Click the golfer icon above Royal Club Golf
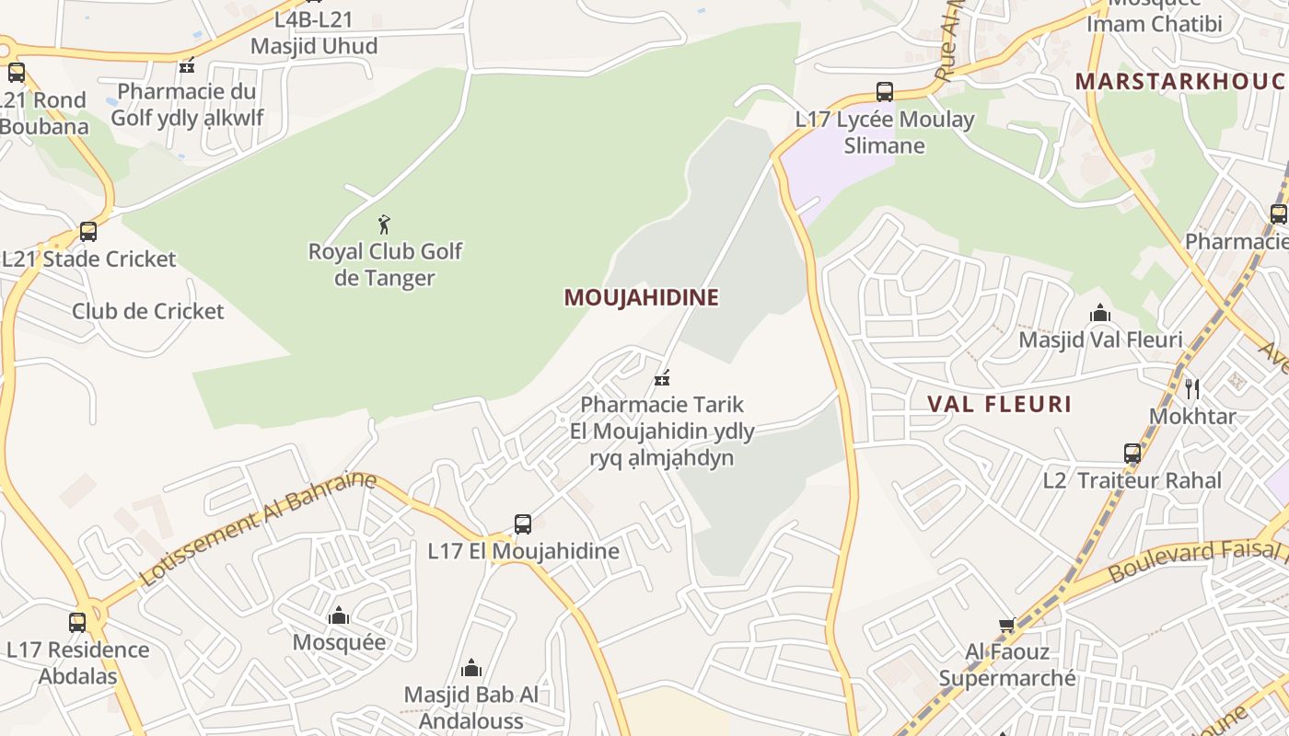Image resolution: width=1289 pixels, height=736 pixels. point(384,224)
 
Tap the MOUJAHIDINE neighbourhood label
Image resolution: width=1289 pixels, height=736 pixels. point(641,297)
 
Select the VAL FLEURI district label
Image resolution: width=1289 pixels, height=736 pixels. point(999,404)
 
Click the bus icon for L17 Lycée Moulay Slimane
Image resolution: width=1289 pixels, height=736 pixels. point(884,92)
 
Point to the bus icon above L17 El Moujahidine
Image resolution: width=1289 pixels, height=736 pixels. point(522,524)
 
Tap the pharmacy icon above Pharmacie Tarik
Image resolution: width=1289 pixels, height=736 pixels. point(661,377)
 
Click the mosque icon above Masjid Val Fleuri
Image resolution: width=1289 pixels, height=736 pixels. point(1099,314)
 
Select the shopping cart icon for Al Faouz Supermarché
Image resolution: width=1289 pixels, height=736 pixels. point(1006,626)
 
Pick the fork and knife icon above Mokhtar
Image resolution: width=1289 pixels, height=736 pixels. point(1192,388)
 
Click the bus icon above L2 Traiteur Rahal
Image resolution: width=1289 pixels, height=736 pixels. point(1132,454)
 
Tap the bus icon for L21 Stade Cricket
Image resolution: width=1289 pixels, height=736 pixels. point(88,232)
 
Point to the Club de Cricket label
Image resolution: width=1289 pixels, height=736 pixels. point(147,311)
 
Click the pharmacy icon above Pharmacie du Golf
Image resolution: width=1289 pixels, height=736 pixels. point(187,65)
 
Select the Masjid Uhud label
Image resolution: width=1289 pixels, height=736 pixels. point(314,46)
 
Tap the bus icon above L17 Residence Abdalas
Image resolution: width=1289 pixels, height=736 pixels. point(77,623)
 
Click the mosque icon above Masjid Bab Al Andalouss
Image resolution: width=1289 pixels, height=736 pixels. point(470,667)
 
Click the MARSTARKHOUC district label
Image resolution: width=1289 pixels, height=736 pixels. point(1179,81)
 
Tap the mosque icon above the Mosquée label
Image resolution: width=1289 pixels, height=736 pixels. point(339,615)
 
